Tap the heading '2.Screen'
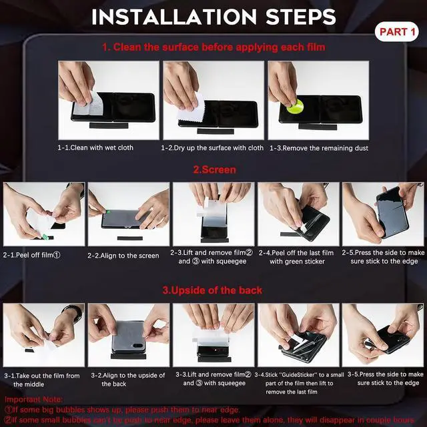214,169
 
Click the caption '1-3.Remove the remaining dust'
318,147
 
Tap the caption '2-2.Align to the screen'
123,256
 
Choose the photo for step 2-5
382,213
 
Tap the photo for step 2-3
213,213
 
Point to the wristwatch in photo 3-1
71,311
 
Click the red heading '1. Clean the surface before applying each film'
213,47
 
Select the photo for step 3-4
298,334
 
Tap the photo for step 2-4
298,213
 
